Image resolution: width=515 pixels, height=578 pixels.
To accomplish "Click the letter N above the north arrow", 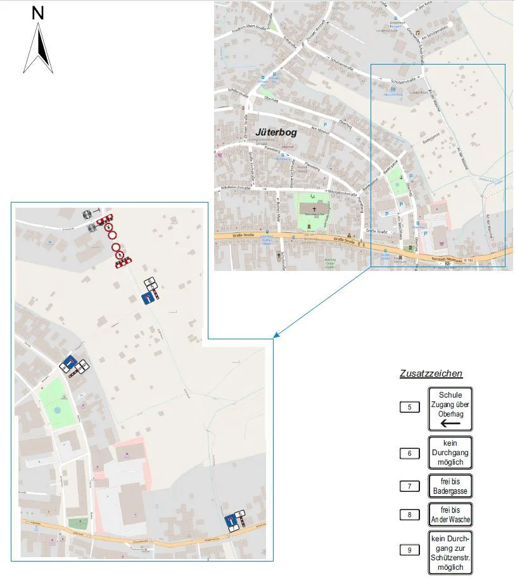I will (x=38, y=13).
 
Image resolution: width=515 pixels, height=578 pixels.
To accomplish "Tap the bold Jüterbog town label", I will (x=276, y=132).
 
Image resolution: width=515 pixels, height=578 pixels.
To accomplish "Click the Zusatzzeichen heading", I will (x=431, y=374).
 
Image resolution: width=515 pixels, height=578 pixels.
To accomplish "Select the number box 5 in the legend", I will (x=410, y=407).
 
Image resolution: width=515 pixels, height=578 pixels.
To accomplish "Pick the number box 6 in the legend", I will (x=410, y=453).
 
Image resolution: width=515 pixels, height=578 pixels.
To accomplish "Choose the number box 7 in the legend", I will (x=410, y=486).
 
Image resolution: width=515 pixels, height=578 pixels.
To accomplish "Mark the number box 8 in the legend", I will (x=410, y=515).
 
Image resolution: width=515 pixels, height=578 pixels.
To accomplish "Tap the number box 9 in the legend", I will (x=410, y=550).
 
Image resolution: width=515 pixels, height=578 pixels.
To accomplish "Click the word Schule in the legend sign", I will (x=450, y=395).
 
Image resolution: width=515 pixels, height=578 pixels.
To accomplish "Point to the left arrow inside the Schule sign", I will (x=450, y=423).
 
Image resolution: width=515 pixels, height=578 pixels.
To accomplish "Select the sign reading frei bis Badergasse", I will (x=450, y=486).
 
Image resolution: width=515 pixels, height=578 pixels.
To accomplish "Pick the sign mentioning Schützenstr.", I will (x=450, y=553).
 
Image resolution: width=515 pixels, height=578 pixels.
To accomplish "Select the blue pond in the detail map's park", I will (x=58, y=410).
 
